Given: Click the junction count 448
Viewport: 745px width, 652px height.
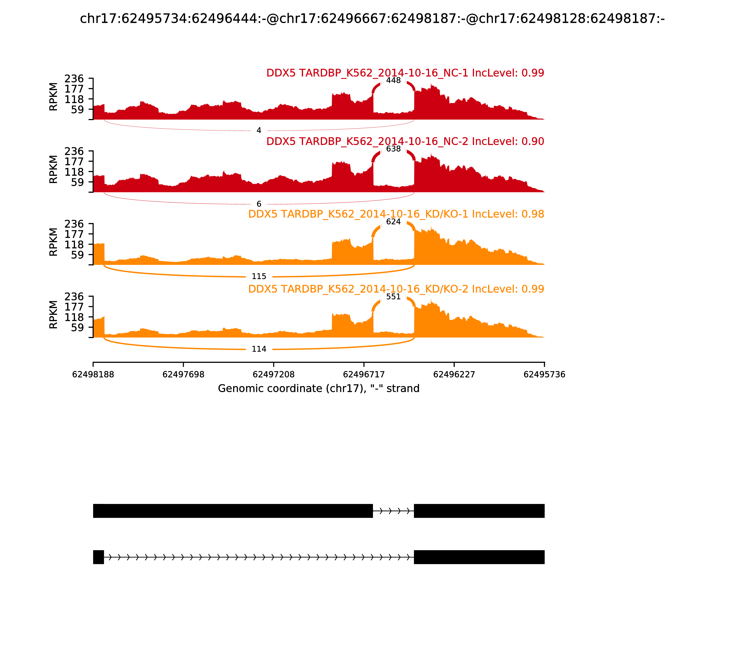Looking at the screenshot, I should (393, 80).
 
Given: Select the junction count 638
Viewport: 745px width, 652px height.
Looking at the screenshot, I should (393, 149).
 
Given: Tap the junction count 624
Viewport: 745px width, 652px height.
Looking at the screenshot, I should (393, 222).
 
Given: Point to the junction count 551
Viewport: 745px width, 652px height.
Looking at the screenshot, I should (393, 296).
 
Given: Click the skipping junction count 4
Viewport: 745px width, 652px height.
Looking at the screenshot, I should (259, 130).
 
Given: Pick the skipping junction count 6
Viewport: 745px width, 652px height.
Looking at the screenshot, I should (259, 204).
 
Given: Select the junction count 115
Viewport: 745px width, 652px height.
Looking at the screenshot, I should (259, 277).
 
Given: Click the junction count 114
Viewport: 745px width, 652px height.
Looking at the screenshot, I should (259, 349).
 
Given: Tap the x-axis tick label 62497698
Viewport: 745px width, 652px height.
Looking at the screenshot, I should (183, 374).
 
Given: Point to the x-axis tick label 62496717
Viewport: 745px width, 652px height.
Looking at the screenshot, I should (364, 374).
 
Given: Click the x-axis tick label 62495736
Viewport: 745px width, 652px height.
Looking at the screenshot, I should (544, 374).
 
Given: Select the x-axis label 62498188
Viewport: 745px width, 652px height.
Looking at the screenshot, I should (93, 374).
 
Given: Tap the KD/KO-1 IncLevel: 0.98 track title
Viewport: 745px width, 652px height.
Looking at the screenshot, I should (396, 214).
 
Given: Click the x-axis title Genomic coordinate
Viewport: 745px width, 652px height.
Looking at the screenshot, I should (319, 389).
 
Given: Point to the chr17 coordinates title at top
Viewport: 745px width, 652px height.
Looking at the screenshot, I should (372, 19).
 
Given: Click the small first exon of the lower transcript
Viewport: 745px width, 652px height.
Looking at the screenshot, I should (98, 557).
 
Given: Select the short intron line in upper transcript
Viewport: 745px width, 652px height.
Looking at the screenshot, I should (393, 511).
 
